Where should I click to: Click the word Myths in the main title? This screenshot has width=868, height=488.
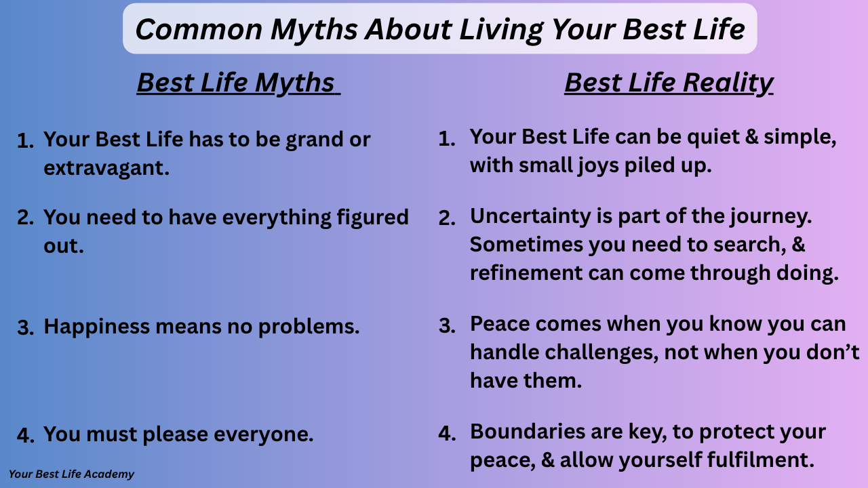click(314, 30)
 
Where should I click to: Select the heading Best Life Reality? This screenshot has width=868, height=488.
click(669, 83)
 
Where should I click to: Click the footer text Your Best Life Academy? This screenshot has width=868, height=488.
click(71, 474)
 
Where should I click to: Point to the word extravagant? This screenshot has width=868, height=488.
click(106, 169)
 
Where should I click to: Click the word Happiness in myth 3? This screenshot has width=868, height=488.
click(96, 327)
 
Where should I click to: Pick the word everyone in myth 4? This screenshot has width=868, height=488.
click(264, 434)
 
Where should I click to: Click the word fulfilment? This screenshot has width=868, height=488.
click(760, 460)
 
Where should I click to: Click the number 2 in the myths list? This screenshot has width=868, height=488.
click(25, 218)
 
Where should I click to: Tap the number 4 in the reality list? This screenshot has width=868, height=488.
click(447, 433)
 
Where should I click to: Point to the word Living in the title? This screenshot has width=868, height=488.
click(501, 31)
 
